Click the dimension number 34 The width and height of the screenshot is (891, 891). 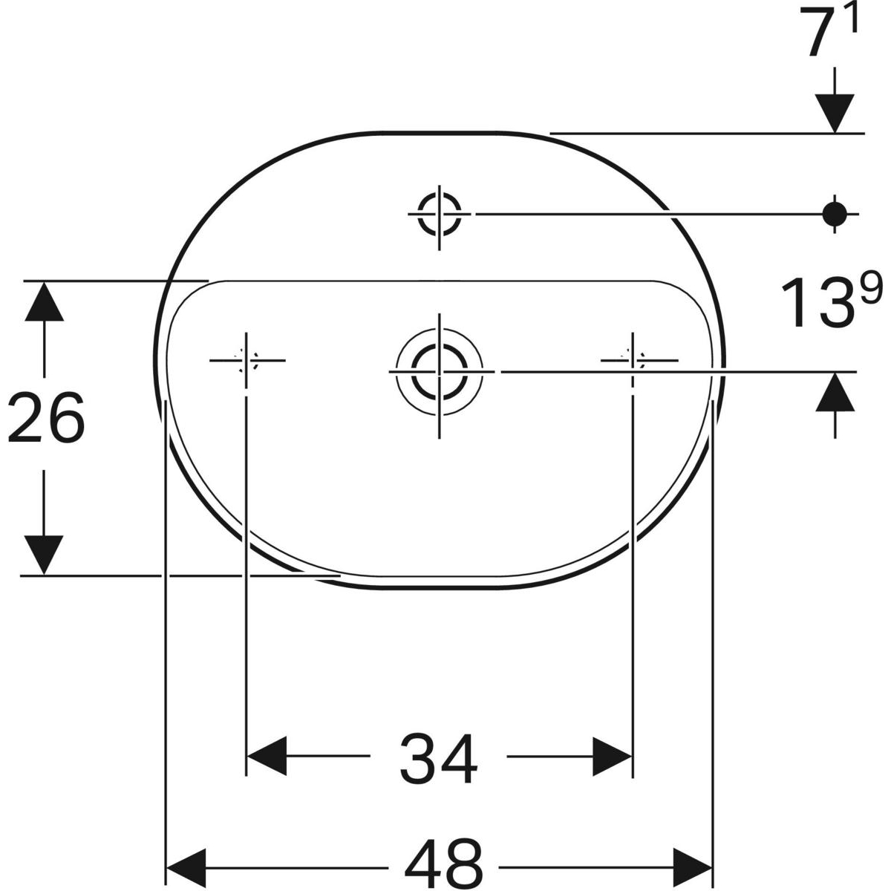pyautogui.click(x=439, y=758)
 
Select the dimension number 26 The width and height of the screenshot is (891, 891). pyautogui.click(x=46, y=418)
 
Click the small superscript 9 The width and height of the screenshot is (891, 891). pyautogui.click(x=872, y=287)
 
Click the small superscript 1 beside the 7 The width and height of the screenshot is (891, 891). pyautogui.click(x=851, y=19)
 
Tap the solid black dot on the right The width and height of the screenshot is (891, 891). pyautogui.click(x=835, y=214)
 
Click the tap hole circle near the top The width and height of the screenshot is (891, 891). pyautogui.click(x=440, y=213)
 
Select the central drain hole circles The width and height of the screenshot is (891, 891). pyautogui.click(x=439, y=369)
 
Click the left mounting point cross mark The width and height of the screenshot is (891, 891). pyautogui.click(x=245, y=360)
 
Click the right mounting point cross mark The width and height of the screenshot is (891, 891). pyautogui.click(x=633, y=360)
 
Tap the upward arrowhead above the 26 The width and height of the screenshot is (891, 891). pyautogui.click(x=45, y=301)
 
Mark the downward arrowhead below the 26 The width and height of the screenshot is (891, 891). pyautogui.click(x=45, y=554)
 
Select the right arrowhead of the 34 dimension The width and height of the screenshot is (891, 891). pyautogui.click(x=612, y=757)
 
